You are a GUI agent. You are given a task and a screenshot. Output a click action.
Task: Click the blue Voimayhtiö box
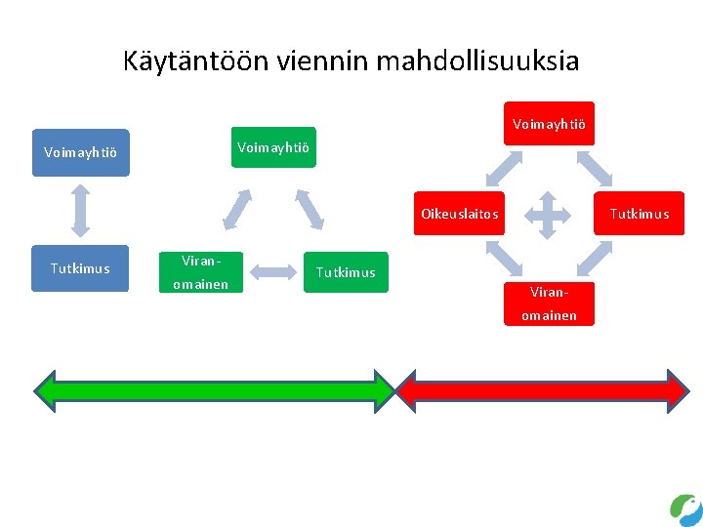80,152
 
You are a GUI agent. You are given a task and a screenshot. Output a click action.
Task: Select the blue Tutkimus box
80,268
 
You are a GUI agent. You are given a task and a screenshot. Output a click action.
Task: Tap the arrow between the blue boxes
80,210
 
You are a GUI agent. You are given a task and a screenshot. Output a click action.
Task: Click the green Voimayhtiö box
273,147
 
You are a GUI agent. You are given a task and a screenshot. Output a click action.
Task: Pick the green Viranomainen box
200,272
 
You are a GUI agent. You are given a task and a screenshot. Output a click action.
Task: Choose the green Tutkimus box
346,272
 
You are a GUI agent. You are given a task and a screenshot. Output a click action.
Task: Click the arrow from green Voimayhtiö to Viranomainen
237,208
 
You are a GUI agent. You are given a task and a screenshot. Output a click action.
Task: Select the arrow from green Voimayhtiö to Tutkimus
310,208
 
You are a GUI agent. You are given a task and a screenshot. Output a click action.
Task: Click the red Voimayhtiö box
549,124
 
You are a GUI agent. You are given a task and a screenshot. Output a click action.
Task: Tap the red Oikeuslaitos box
460,214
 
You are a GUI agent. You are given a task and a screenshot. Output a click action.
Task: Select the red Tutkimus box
640,214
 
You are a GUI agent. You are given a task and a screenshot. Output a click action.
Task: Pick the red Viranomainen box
549,304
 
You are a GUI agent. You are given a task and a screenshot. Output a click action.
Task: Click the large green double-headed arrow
214,389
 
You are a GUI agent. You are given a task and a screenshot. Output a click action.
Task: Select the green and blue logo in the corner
685,509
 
